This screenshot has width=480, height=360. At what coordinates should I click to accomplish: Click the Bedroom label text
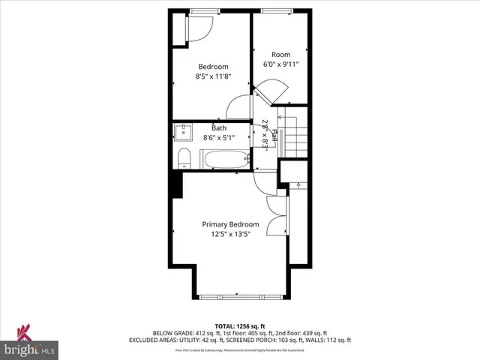(x=213, y=66)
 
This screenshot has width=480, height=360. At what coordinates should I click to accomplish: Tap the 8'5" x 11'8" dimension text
(x=213, y=76)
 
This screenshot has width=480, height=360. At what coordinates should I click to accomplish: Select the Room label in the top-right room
(x=280, y=54)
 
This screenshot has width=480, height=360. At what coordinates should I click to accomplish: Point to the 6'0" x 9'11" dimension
(x=280, y=64)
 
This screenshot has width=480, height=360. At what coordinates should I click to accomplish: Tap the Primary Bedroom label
(x=230, y=224)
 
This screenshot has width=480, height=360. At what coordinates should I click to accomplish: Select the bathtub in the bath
(x=226, y=159)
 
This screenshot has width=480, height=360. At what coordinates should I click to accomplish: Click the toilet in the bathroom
(x=184, y=157)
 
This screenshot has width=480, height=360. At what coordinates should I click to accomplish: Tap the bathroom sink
(x=184, y=133)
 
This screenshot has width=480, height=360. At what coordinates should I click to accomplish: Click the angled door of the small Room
(x=270, y=92)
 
